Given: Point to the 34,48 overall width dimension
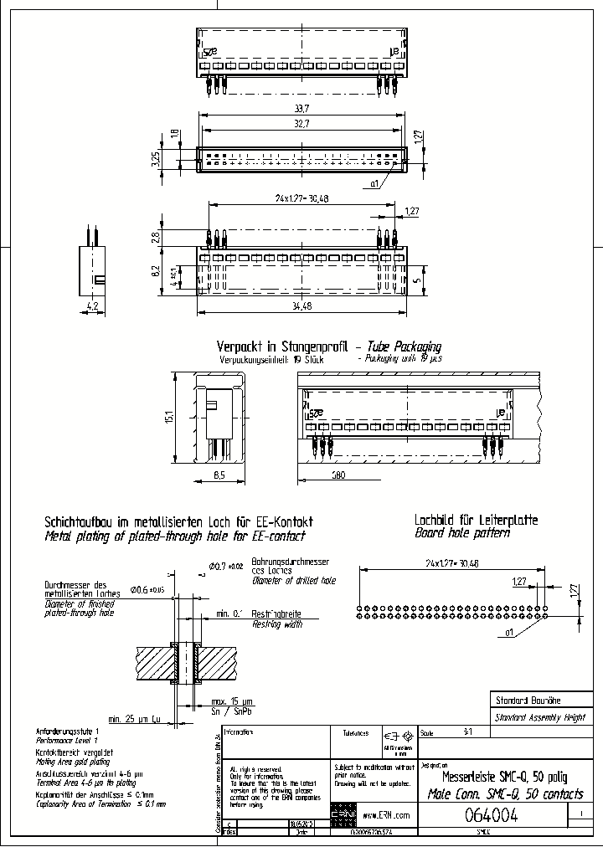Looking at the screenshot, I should (301, 306).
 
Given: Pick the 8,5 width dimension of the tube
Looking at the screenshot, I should (220, 475).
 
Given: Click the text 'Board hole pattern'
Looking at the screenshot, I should (462, 532).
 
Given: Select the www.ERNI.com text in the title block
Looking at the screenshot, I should (387, 814).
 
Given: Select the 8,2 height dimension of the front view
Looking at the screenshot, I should (155, 269).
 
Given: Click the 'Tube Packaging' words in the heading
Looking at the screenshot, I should (405, 346).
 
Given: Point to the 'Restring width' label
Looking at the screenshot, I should (277, 624).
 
